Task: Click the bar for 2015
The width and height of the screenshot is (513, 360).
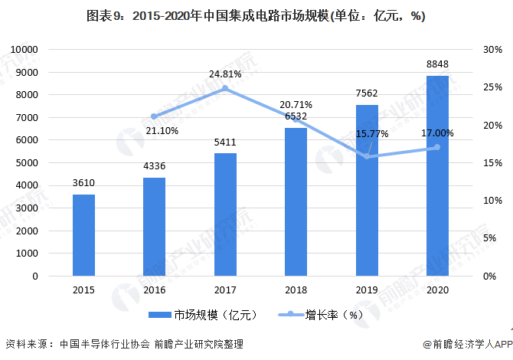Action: coord(83,235)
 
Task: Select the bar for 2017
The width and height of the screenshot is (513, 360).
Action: coord(225,214)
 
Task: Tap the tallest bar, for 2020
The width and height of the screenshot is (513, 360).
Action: coord(437,175)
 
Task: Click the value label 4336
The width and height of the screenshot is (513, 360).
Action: coord(155,166)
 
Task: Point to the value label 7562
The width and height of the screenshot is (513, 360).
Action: coord(367,93)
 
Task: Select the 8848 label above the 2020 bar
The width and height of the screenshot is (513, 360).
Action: coord(437,64)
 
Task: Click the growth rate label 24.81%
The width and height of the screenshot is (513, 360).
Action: coord(225,74)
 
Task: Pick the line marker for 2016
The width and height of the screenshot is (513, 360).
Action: coord(154,116)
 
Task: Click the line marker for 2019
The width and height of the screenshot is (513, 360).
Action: coord(367,156)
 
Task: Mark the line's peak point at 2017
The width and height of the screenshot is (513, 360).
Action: coord(225,89)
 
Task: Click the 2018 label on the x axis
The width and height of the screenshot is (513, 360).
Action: coord(296,290)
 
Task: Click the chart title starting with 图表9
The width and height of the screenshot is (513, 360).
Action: coord(256,16)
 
